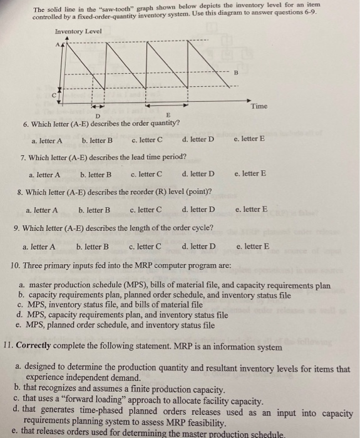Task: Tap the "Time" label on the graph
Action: (x=259, y=106)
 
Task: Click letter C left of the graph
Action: (x=54, y=93)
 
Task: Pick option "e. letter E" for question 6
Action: (x=249, y=138)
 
